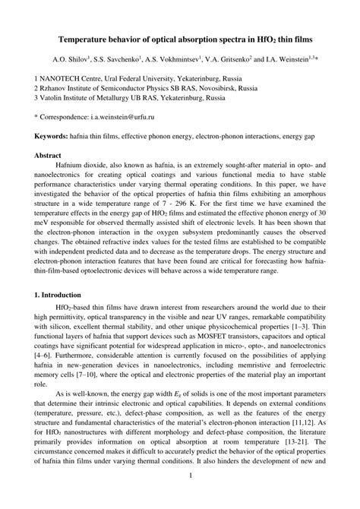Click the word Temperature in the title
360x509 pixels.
[88, 37]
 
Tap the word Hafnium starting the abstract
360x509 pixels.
[73, 164]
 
